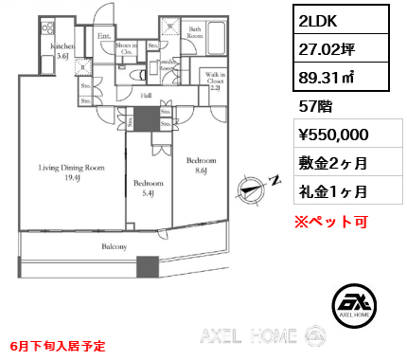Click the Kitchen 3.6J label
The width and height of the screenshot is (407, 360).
click(63, 50)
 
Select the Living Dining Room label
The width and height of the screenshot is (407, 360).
click(72, 172)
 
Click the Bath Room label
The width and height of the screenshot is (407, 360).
click(194, 33)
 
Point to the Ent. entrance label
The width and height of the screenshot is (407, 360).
click(102, 36)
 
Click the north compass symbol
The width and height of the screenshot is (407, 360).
click(255, 187)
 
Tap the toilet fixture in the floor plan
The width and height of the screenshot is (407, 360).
click(139, 73)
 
